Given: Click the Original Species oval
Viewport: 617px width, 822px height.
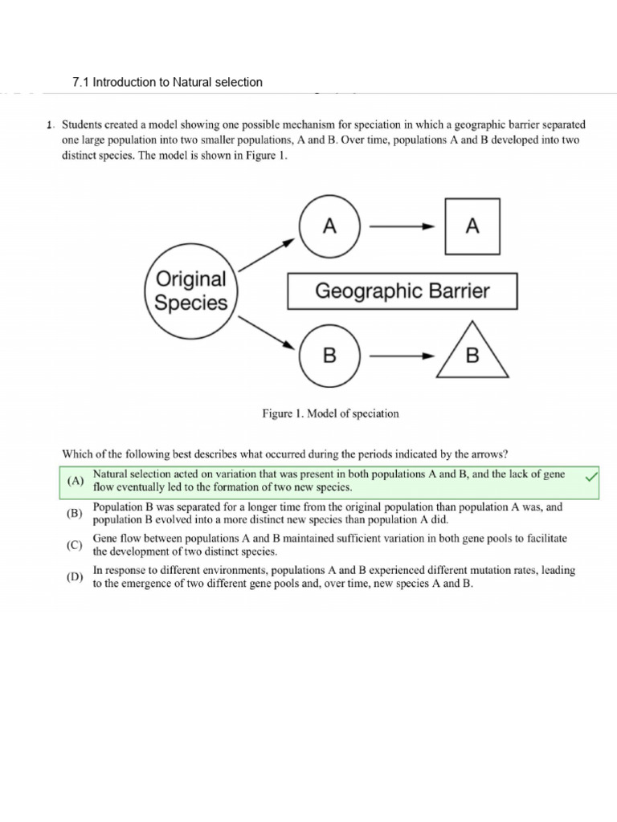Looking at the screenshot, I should [190, 291].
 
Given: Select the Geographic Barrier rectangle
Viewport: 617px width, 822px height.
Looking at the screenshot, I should [402, 291].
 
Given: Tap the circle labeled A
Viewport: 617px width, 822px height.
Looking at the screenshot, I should [329, 227].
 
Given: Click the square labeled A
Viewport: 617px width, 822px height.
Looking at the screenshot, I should [472, 227].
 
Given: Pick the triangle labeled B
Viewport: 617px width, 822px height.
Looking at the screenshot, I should [472, 354].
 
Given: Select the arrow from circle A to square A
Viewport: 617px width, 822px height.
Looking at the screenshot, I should [402, 227].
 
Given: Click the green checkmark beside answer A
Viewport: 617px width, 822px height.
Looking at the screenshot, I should [592, 478].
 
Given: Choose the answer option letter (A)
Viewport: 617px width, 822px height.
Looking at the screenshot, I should [76, 481].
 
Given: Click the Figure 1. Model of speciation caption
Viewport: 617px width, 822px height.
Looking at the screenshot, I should [330, 413].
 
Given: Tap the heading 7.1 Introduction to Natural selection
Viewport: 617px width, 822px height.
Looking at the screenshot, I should [167, 82].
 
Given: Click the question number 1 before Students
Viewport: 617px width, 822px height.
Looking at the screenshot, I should [50, 125].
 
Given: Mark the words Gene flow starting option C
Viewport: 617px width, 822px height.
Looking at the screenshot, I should [120, 538].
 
